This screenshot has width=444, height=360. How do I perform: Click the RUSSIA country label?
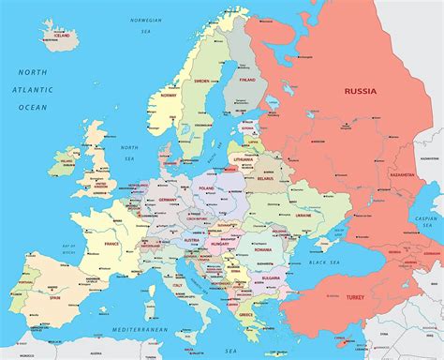[x=362, y=91]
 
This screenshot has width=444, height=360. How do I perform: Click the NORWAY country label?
[x=169, y=94]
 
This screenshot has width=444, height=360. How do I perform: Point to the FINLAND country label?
[x=248, y=81]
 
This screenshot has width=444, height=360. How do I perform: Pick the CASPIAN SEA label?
[x=425, y=222]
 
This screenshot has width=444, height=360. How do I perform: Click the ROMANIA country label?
[x=262, y=250]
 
